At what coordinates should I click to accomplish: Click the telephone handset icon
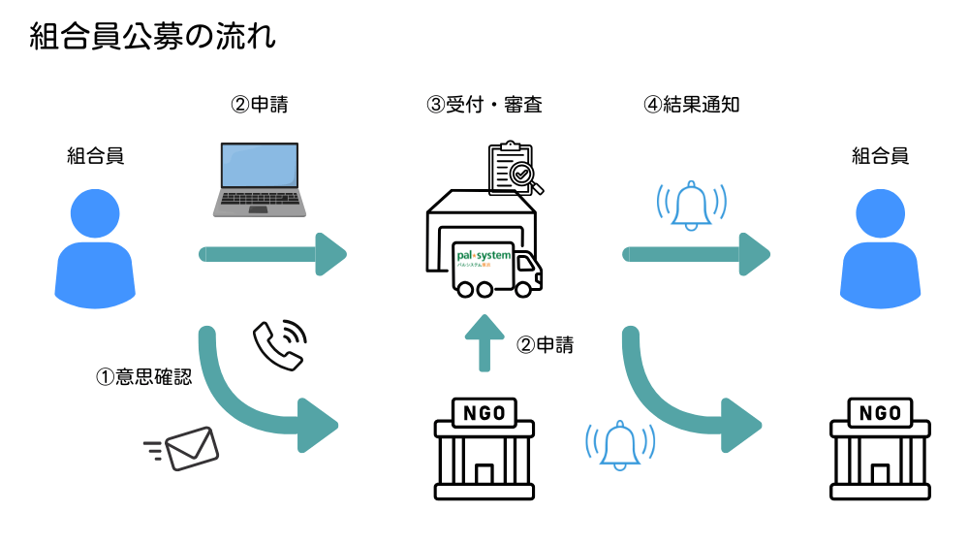279,344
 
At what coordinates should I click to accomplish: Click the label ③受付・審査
484,105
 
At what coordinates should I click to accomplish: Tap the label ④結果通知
692,105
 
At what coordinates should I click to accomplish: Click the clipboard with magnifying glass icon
514,168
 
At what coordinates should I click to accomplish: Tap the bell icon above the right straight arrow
691,206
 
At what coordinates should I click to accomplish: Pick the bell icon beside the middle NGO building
620,445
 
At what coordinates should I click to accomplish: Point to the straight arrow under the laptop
273,254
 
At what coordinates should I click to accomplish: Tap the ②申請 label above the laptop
259,105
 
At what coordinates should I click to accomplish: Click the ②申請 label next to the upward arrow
545,344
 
